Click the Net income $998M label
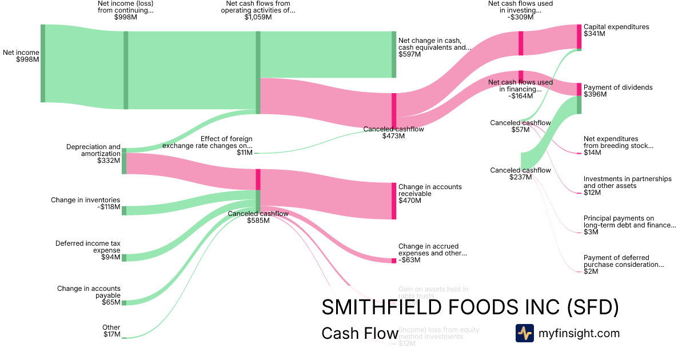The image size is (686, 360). [x=21, y=56]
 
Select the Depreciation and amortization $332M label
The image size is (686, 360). [x=93, y=154]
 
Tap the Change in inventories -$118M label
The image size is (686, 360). [x=85, y=203]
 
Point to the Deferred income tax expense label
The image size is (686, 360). [x=88, y=250]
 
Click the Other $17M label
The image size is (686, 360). [x=111, y=331]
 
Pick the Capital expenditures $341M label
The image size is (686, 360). [x=616, y=30]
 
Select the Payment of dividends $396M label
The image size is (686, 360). [x=618, y=91]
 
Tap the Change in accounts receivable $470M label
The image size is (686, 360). [x=430, y=194]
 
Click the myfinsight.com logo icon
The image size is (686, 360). [x=524, y=333]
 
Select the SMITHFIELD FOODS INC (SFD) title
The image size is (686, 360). [x=470, y=307]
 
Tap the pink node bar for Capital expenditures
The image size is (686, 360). [x=579, y=37]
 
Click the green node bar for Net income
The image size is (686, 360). [x=43, y=63]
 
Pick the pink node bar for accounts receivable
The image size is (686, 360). [x=394, y=201]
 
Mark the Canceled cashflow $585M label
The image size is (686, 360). [x=258, y=217]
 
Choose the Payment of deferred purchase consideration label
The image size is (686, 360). [x=624, y=265]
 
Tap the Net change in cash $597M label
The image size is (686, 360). [x=434, y=47]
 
